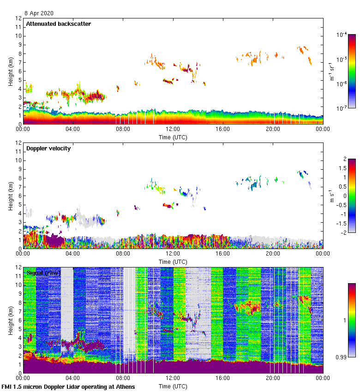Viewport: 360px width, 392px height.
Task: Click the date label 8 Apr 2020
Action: (40, 13)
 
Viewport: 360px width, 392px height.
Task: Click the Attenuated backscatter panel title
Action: (58, 24)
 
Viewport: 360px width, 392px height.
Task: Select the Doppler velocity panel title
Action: (48, 148)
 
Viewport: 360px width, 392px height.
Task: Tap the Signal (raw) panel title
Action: (43, 273)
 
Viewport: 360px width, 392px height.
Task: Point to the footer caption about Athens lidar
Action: (68, 387)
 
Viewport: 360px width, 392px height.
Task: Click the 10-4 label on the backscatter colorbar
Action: (342, 35)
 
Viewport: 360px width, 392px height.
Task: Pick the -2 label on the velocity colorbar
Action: (342, 232)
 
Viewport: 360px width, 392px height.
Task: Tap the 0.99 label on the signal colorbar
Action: (342, 357)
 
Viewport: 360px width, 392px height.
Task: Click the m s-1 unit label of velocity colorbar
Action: (331, 196)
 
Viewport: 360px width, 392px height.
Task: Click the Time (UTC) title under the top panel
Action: (173, 137)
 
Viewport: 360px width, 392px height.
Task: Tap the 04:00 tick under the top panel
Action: (73, 129)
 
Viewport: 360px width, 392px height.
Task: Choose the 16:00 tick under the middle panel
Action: (222, 254)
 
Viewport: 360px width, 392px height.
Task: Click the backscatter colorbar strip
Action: (352, 71)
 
